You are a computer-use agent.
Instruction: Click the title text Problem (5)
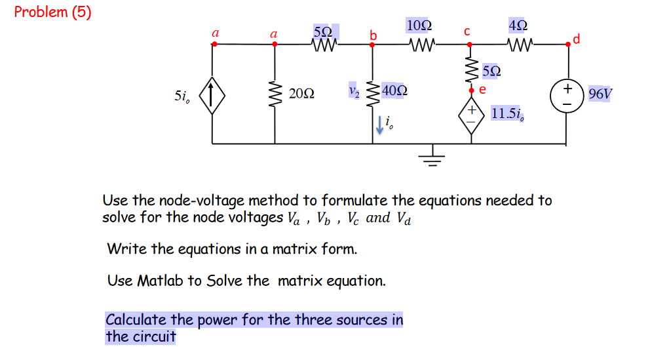(52, 12)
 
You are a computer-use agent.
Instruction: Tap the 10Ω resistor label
(419, 26)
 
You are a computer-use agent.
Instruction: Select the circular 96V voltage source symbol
(568, 95)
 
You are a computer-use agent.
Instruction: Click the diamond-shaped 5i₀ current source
(212, 95)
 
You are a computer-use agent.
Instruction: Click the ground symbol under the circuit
(431, 157)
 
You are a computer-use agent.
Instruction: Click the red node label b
(374, 35)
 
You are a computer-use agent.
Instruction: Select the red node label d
(576, 39)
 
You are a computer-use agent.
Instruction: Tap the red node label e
(482, 89)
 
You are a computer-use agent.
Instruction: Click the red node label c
(467, 31)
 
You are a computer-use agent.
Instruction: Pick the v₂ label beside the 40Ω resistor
(355, 90)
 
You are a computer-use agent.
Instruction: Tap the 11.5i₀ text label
(507, 113)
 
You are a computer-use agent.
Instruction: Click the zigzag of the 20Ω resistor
(275, 95)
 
